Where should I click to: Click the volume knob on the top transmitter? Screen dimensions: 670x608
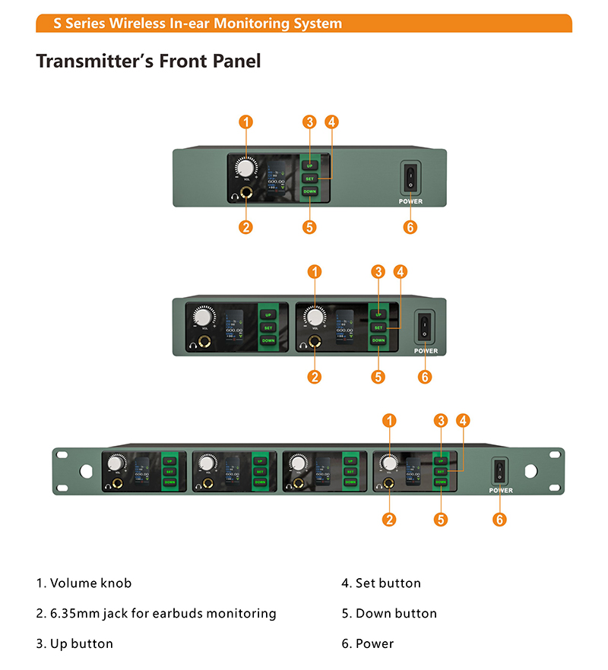click(x=246, y=168)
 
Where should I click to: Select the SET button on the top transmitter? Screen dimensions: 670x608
click(x=309, y=179)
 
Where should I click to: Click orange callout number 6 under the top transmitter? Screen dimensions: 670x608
click(x=410, y=226)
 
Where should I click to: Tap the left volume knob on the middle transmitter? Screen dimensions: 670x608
click(x=202, y=317)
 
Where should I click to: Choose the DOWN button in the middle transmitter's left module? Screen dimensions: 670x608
click(x=268, y=341)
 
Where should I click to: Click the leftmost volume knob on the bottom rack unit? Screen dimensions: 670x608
click(x=117, y=463)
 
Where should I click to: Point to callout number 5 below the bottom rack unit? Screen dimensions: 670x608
click(x=441, y=520)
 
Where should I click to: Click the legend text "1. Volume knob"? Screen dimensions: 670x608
click(x=84, y=583)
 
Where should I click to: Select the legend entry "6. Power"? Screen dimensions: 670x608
click(x=368, y=643)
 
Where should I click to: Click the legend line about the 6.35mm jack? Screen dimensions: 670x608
click(x=156, y=613)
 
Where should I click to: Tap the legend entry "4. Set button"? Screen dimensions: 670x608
click(x=381, y=583)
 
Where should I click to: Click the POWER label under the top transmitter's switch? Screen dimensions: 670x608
click(x=410, y=201)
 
